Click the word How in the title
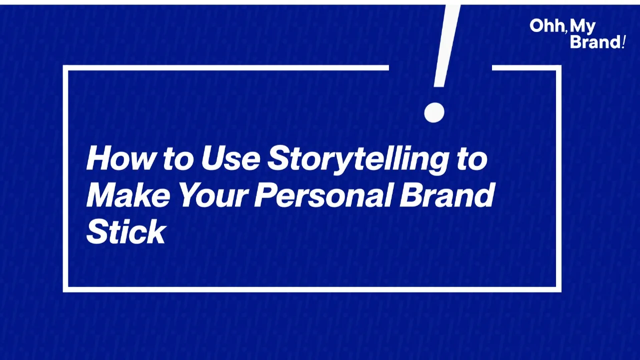pos(120,158)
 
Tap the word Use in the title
pos(230,158)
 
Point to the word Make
pos(128,195)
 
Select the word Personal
pos(323,195)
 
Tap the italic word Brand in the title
pos(447,194)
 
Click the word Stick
pos(126,231)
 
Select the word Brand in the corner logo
pos(595,41)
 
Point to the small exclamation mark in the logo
pos(623,41)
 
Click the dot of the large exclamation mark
pos(434,112)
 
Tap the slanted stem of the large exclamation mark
pos(446,45)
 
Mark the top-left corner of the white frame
pos(65,68)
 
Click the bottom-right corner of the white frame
pos(559,289)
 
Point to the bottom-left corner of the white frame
pos(65,289)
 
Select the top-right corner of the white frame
pos(559,68)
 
